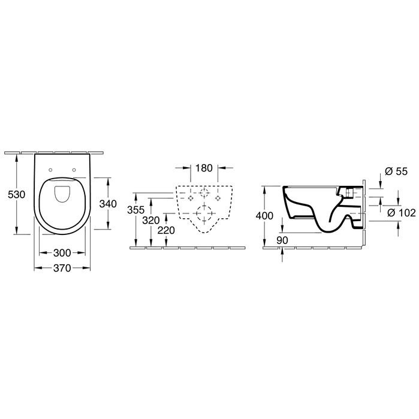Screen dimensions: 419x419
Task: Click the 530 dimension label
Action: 17,195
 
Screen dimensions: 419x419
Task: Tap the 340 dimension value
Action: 108,204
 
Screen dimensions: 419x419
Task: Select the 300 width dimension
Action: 62,253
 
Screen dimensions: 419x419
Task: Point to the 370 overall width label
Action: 62,268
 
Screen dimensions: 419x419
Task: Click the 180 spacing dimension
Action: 204,168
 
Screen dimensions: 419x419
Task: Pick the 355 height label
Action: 135,210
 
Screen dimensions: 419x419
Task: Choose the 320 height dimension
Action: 150,221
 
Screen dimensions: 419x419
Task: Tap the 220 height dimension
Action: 166,230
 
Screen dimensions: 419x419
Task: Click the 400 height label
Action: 264,216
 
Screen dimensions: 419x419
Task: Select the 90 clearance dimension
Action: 282,240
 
